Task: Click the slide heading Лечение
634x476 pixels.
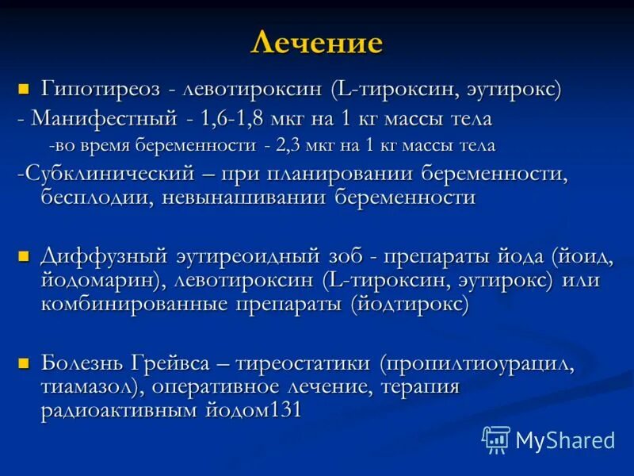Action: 316,42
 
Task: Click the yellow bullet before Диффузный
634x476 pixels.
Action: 23,256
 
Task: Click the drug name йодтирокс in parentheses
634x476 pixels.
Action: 413,305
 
